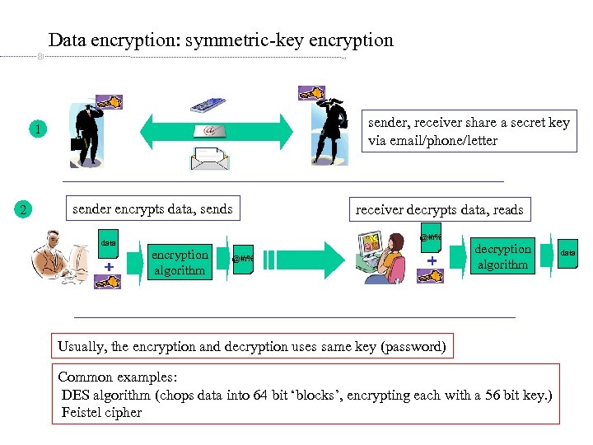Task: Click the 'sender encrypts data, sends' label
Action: [x=152, y=209]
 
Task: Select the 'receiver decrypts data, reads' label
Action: [x=439, y=209]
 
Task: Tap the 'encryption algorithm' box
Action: [x=180, y=262]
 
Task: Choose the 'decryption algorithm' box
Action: [x=502, y=256]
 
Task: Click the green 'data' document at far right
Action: [x=568, y=253]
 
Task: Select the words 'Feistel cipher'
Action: [x=101, y=412]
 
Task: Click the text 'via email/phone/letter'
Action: [x=432, y=140]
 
